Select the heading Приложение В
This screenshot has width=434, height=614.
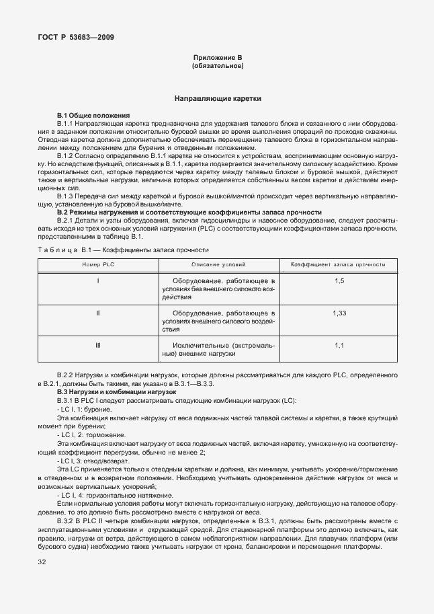pyautogui.click(x=218, y=59)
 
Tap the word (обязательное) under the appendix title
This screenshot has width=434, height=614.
pyautogui.click(x=218, y=67)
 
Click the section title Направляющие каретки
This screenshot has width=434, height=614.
pyautogui.click(x=218, y=99)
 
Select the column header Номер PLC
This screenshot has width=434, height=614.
pyautogui.click(x=99, y=266)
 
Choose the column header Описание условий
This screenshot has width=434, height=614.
pyautogui.click(x=218, y=266)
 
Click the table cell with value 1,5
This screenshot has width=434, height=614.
pyautogui.click(x=339, y=280)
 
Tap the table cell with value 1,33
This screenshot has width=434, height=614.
pyautogui.click(x=339, y=313)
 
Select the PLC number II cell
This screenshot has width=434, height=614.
pyautogui.click(x=98, y=313)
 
